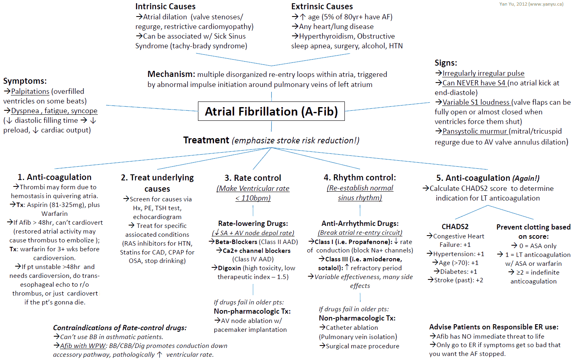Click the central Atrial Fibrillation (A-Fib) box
pos(271,111)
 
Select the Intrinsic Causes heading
pos(165,6)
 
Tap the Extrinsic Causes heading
pos(322,6)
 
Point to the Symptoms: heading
pos(25,81)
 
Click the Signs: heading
pos(446,63)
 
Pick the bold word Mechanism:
pos(171,74)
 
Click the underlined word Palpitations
pos(30,91)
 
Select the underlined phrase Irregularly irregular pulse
pos(483,74)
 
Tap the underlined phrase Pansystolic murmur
pos(475,132)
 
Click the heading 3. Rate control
pos(253,178)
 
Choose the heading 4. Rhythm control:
pos(360,178)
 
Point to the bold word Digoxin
pos(229,268)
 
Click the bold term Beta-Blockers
pos(236,242)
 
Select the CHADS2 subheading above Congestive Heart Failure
pos(455,227)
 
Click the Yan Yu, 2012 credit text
pos(531,4)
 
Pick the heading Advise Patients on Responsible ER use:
pos(494,327)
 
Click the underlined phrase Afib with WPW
pos(83,346)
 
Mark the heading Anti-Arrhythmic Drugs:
pos(360,223)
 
